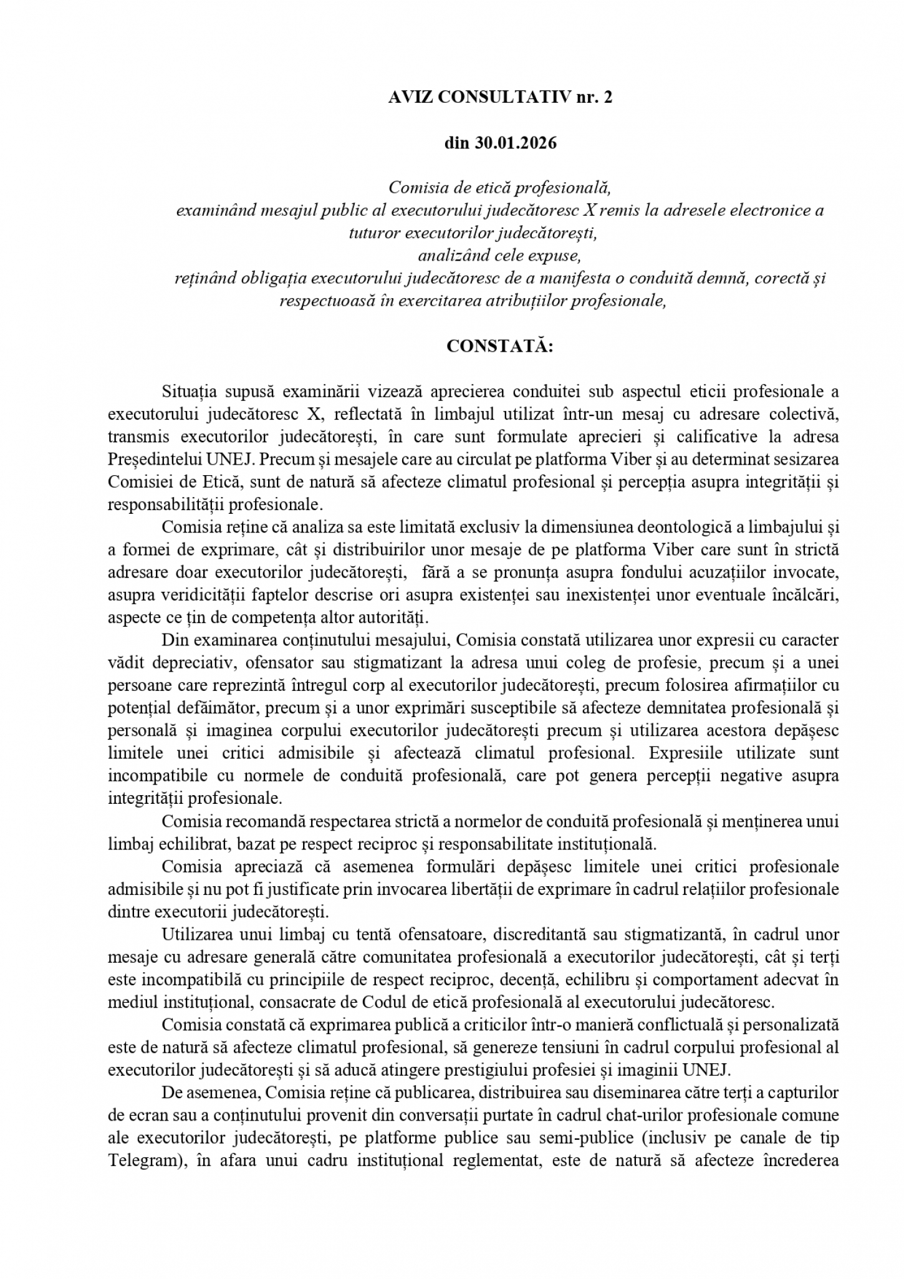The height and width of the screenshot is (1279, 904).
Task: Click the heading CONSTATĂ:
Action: tap(500, 345)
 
